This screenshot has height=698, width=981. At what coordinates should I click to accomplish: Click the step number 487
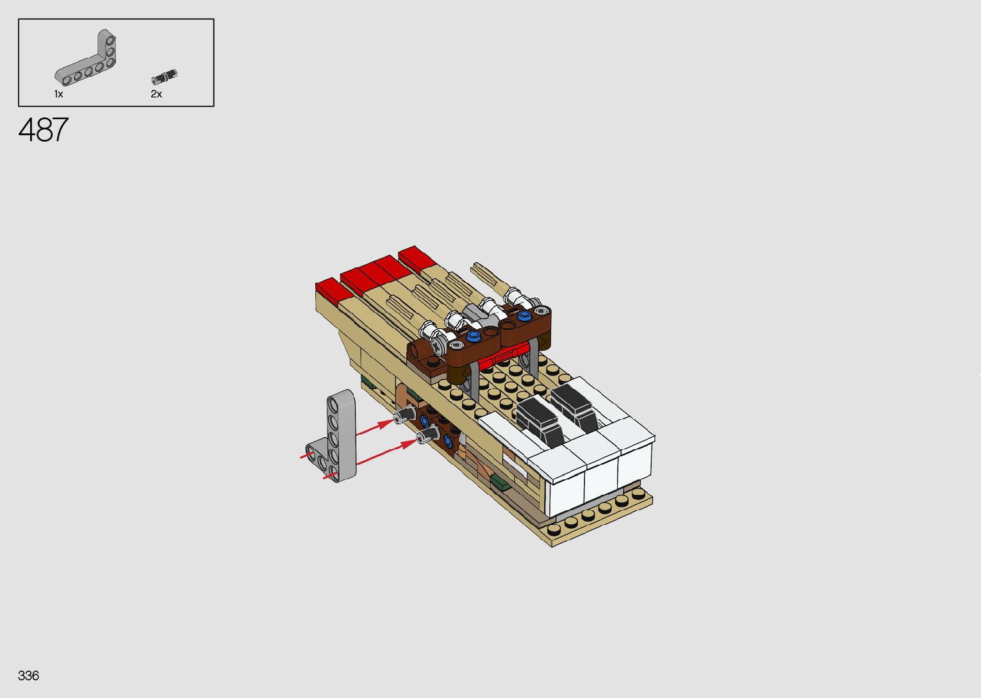(44, 129)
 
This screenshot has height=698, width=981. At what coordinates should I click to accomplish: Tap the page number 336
(28, 675)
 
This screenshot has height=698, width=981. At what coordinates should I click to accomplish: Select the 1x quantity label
(59, 94)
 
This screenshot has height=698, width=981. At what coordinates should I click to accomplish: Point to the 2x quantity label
(156, 94)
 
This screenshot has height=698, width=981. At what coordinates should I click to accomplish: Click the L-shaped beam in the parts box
(86, 58)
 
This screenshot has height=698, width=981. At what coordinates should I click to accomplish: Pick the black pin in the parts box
(164, 77)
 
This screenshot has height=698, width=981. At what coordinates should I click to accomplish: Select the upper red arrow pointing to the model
(375, 428)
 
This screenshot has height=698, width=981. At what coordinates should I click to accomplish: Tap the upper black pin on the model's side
(405, 414)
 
